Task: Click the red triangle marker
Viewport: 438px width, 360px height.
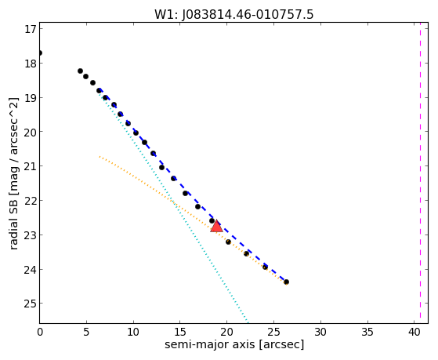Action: point(216,227)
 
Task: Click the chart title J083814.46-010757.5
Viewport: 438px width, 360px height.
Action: point(248,15)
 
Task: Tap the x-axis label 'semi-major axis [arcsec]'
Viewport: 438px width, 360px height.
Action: point(234,344)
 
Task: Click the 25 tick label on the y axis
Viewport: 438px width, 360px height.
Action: point(31,304)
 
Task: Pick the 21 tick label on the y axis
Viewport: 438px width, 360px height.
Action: point(31,166)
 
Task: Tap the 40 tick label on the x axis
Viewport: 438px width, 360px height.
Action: point(414,332)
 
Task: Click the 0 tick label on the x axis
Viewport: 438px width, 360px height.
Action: point(40,332)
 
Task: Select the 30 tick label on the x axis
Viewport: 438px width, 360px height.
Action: point(320,332)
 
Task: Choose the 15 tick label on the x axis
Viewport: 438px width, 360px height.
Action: point(180,332)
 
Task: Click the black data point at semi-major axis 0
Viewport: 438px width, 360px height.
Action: point(40,53)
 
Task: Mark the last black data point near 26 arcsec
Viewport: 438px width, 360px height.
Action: point(286,282)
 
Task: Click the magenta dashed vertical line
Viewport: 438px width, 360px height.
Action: point(420,173)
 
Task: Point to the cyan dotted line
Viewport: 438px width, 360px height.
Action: point(173,206)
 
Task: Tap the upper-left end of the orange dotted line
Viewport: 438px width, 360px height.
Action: point(100,157)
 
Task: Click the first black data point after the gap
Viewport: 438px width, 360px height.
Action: point(80,71)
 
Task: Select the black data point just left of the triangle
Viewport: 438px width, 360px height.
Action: point(212,220)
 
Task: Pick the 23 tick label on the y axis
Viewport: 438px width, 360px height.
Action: point(31,235)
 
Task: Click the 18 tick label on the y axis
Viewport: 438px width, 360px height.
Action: point(31,64)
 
